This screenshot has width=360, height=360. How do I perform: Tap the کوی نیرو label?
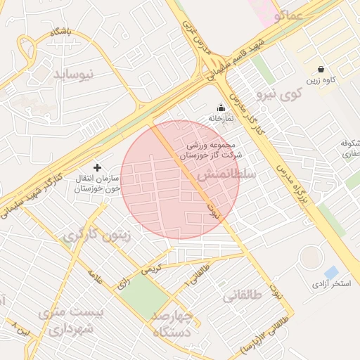click(x=279, y=92)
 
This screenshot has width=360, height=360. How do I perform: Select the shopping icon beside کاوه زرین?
click(x=321, y=70)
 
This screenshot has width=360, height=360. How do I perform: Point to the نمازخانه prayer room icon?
click(x=221, y=108)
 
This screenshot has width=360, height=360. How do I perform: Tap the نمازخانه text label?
click(x=220, y=118)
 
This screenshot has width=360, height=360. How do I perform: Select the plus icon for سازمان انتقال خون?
click(x=97, y=167)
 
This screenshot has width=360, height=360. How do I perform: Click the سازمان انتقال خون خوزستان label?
click(x=98, y=184)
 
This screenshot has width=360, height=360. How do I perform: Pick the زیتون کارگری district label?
click(x=96, y=236)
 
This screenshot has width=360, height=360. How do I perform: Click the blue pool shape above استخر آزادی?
click(x=332, y=272)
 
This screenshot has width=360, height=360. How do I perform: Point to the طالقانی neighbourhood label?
click(x=243, y=296)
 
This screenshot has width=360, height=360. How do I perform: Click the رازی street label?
click(x=123, y=283)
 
